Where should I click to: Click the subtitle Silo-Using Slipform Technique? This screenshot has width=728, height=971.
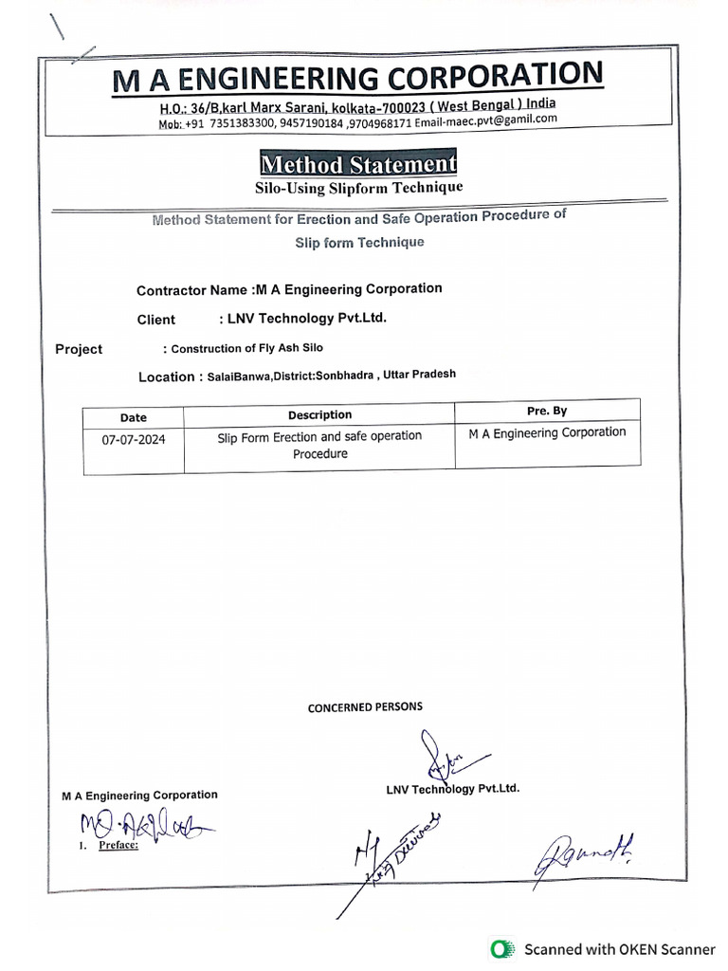pyautogui.click(x=358, y=188)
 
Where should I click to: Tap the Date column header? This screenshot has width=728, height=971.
pyautogui.click(x=134, y=417)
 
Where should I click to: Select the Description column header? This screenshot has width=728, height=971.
pyautogui.click(x=319, y=414)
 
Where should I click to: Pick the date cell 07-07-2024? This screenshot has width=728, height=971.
pyautogui.click(x=134, y=440)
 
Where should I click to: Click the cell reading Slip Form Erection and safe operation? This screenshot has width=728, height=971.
pyautogui.click(x=319, y=436)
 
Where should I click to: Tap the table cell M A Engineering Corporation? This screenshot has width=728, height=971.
pyautogui.click(x=547, y=432)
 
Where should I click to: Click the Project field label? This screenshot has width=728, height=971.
pyautogui.click(x=79, y=349)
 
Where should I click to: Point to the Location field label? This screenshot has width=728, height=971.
pyautogui.click(x=166, y=376)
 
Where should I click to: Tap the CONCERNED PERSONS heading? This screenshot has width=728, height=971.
pyautogui.click(x=365, y=706)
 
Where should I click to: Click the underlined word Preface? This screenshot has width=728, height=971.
pyautogui.click(x=118, y=844)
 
